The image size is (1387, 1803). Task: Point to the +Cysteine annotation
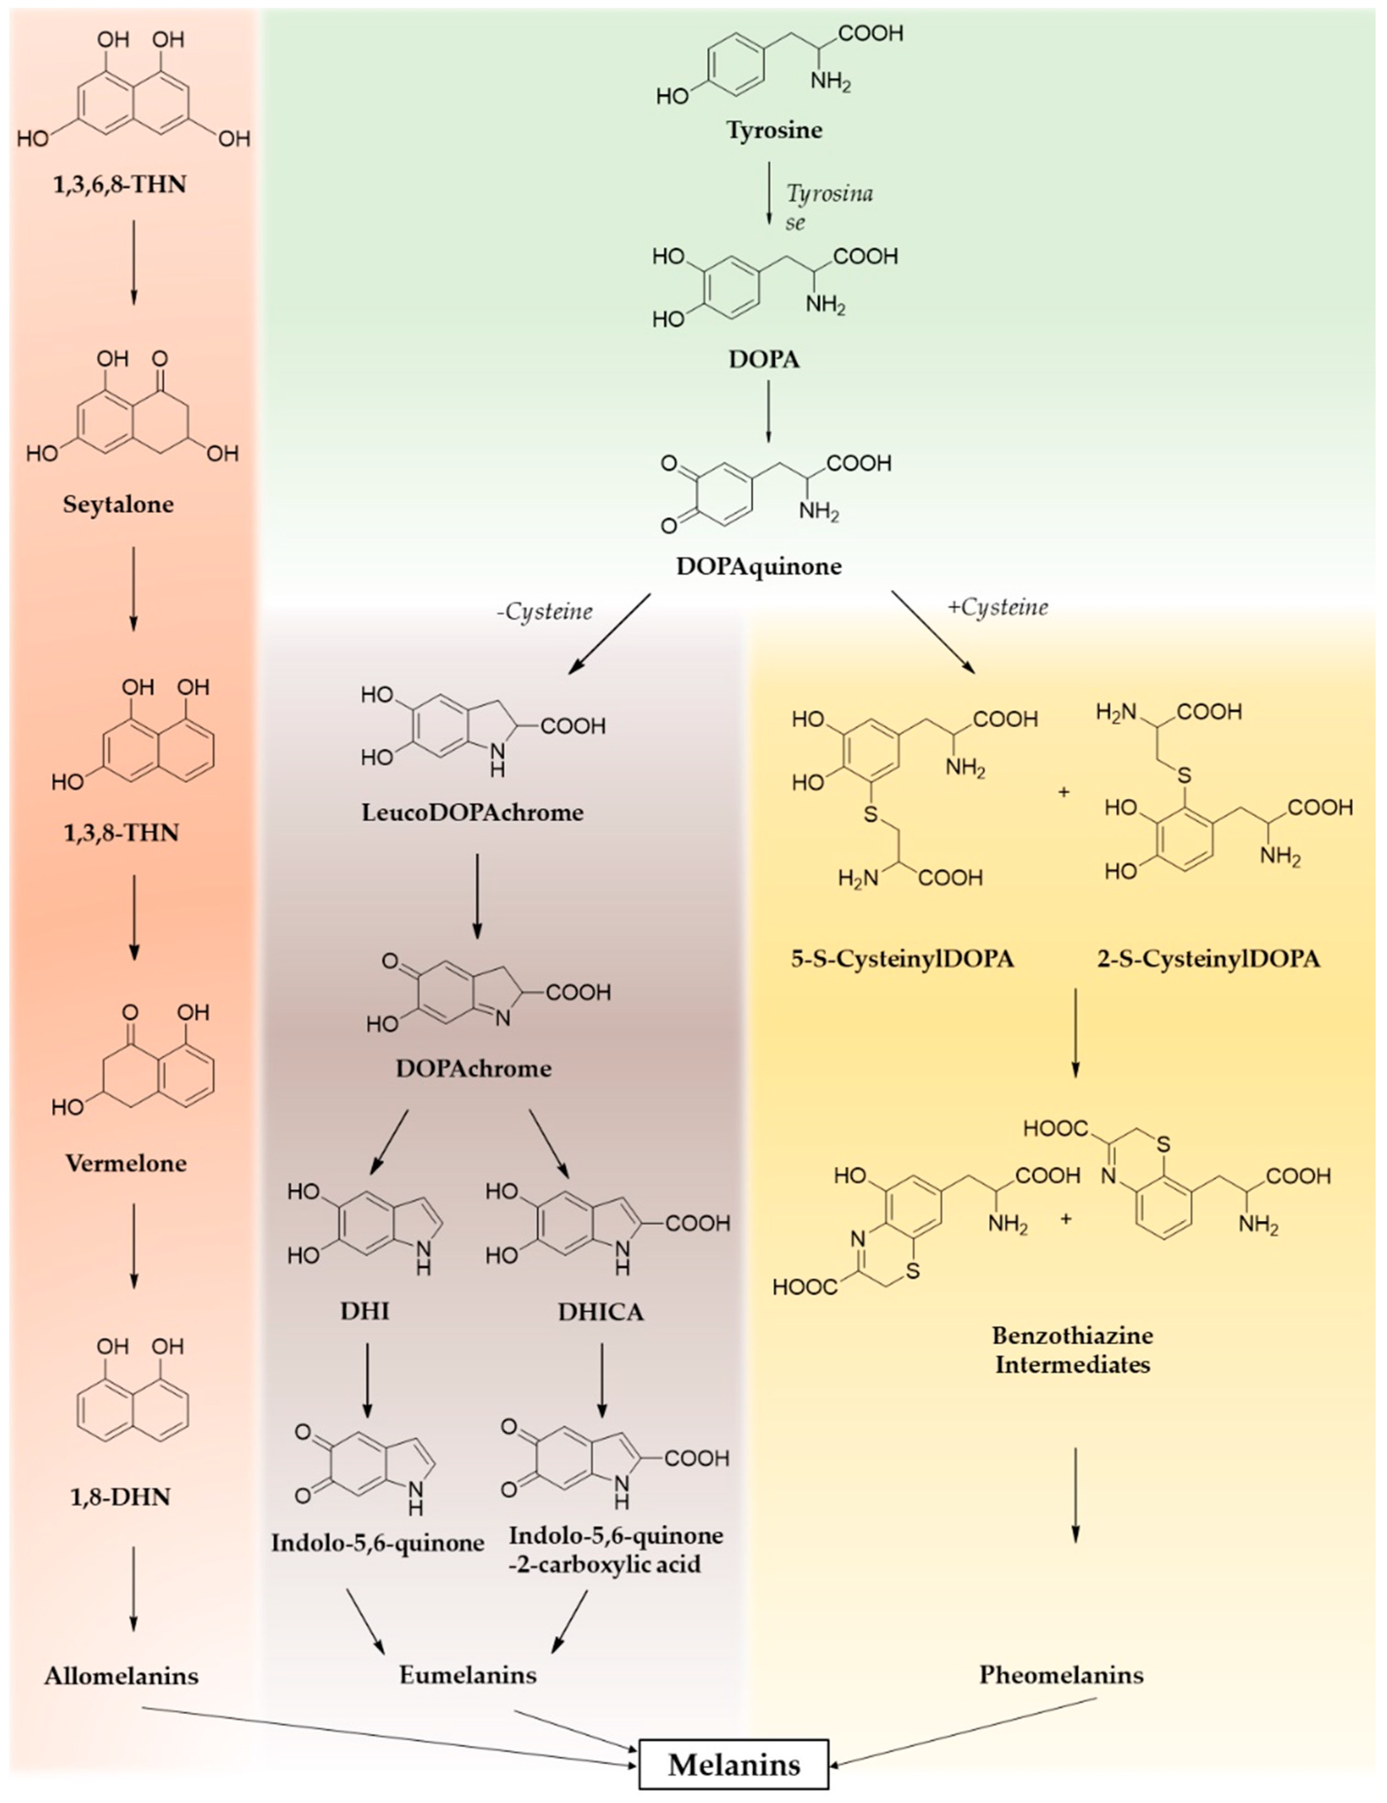click(x=998, y=608)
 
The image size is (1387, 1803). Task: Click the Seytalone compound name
click(x=119, y=504)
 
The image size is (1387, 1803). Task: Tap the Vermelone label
click(x=126, y=1163)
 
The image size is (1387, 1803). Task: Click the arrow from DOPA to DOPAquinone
click(x=768, y=410)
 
